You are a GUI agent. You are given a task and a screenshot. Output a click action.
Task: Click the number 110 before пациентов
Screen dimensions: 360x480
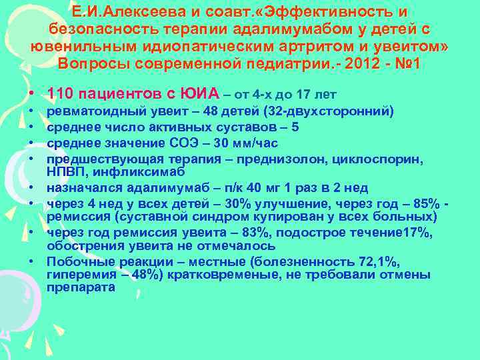coord(62,93)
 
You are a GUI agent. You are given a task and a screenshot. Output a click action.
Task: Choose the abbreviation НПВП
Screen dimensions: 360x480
coord(65,172)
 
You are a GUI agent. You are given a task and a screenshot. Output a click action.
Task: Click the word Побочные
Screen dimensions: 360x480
coord(75,260)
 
